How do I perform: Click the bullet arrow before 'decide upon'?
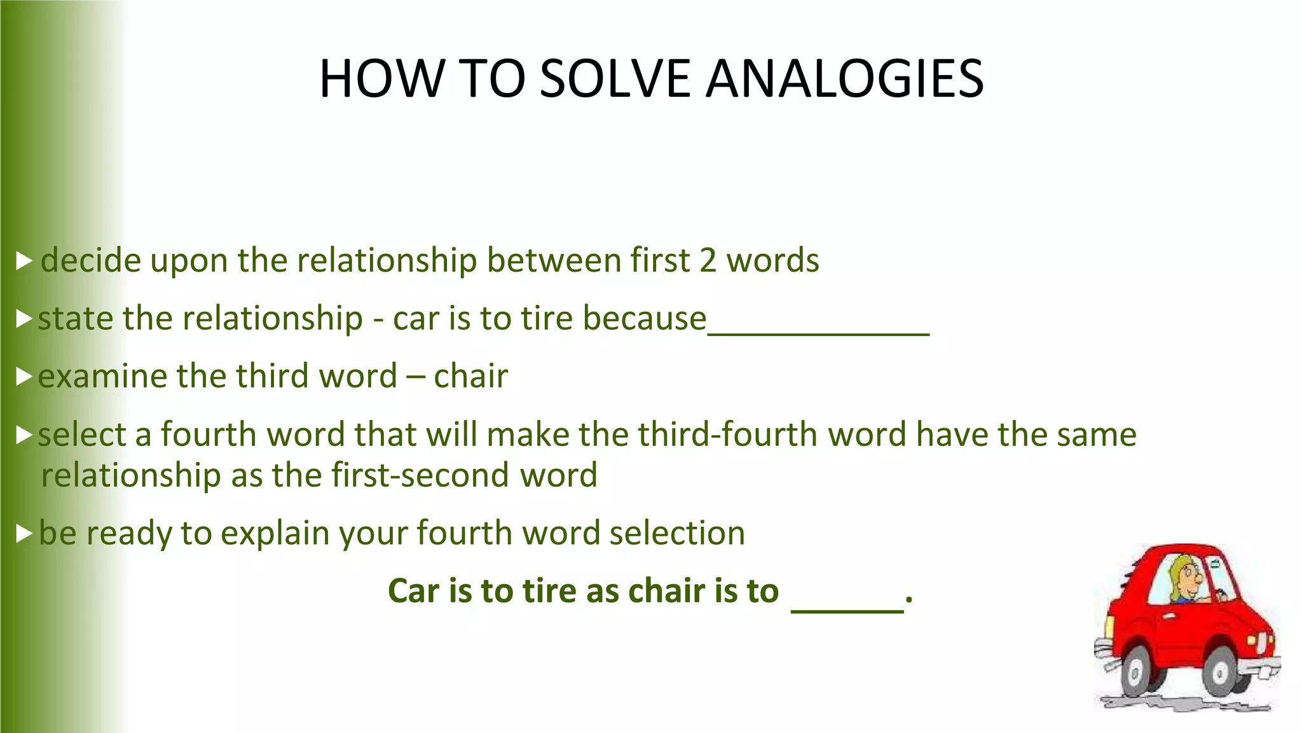pos(24,260)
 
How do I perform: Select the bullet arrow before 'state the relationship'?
pos(24,319)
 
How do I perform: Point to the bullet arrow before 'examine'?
pos(24,377)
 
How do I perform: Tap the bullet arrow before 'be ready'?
pos(24,533)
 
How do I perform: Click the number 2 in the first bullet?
pos(708,261)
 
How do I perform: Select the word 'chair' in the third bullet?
pos(470,376)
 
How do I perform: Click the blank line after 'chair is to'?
pos(847,610)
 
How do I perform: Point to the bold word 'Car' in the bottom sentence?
pos(414,590)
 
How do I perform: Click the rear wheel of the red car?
pos(1137,671)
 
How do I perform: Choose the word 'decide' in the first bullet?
pos(91,261)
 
